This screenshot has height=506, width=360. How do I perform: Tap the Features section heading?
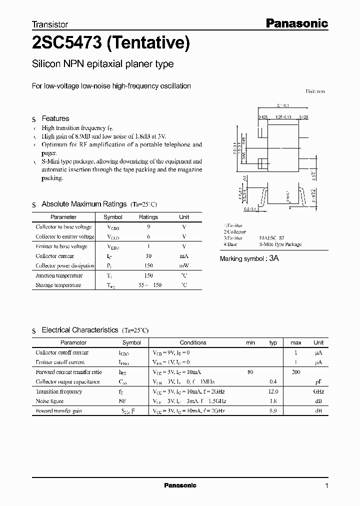tap(55, 118)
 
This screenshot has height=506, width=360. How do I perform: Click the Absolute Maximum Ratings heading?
tap(83, 204)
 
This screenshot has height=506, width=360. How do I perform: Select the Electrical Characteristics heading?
tap(79, 330)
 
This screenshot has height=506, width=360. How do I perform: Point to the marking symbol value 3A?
tap(273, 258)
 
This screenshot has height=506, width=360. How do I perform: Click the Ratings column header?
tap(148, 217)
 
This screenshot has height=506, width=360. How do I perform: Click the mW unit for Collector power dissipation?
tap(184, 266)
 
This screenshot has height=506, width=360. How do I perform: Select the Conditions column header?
tap(193, 342)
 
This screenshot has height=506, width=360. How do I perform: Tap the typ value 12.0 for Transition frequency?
tap(273, 391)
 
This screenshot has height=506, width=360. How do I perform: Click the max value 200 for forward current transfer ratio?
tap(296, 372)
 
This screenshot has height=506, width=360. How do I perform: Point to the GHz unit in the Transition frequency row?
tap(318, 391)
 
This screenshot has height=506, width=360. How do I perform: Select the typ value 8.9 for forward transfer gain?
tap(273, 410)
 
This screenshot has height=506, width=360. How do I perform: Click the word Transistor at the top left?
tap(50, 24)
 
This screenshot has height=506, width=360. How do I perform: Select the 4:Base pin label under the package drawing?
tap(230, 244)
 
